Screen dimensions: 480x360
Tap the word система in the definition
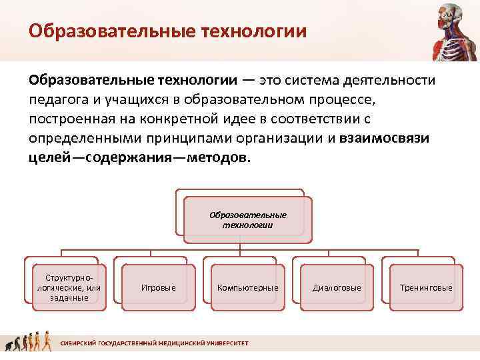(x=315, y=81)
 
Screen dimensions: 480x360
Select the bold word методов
(x=219, y=158)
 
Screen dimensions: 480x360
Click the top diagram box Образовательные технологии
(x=247, y=220)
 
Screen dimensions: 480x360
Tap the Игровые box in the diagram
(x=159, y=287)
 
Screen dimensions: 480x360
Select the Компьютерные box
(x=247, y=287)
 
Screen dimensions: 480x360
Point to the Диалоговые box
(x=337, y=287)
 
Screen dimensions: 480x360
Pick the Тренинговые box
(x=425, y=287)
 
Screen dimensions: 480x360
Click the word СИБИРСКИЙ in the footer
(x=77, y=343)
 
